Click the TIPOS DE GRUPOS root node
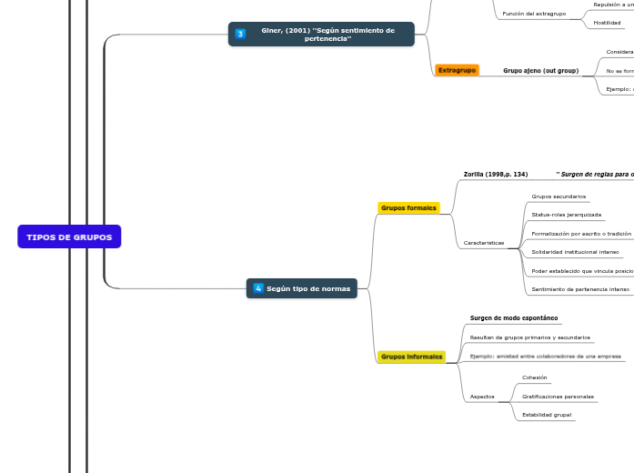click(69, 237)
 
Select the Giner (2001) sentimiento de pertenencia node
click(321, 35)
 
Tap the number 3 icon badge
click(240, 35)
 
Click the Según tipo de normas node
click(302, 288)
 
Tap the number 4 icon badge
click(258, 288)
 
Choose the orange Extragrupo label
click(457, 70)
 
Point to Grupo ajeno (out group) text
click(540, 71)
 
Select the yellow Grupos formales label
click(408, 208)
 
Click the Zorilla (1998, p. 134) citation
click(495, 174)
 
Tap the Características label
click(483, 243)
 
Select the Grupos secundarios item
click(559, 196)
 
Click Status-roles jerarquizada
click(566, 215)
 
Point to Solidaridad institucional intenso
click(575, 252)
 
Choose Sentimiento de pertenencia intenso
click(579, 289)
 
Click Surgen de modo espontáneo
click(514, 318)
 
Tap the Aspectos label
click(482, 397)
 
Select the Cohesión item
click(534, 377)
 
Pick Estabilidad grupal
click(546, 415)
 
